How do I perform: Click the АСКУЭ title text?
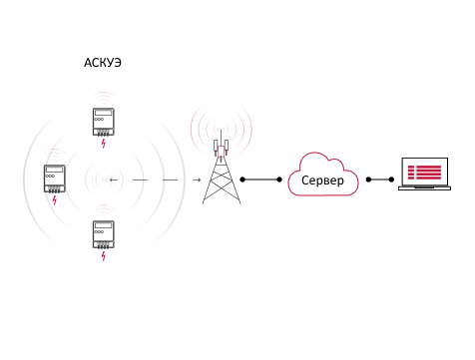tap(103, 63)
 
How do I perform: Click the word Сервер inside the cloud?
tap(322, 180)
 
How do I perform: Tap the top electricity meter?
tap(104, 122)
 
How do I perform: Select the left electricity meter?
tap(55, 179)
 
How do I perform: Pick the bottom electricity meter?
tap(104, 234)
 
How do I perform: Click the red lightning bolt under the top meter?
tap(104, 144)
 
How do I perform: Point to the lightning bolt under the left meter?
tap(55, 200)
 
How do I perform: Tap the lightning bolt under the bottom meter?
tap(104, 256)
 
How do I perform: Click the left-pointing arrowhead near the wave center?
tap(114, 180)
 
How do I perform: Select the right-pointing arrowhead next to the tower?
tap(197, 180)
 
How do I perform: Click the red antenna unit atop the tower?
tap(222, 151)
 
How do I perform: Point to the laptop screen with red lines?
tap(425, 172)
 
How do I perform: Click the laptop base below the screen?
tap(425, 188)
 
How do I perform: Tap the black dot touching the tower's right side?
tap(242, 180)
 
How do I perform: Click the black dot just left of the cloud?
tap(279, 180)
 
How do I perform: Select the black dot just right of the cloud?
tap(368, 180)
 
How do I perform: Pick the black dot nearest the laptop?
tap(391, 180)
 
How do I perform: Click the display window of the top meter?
tap(104, 113)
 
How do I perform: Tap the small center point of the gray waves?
tap(104, 180)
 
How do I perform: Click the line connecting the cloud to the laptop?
tap(380, 180)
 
